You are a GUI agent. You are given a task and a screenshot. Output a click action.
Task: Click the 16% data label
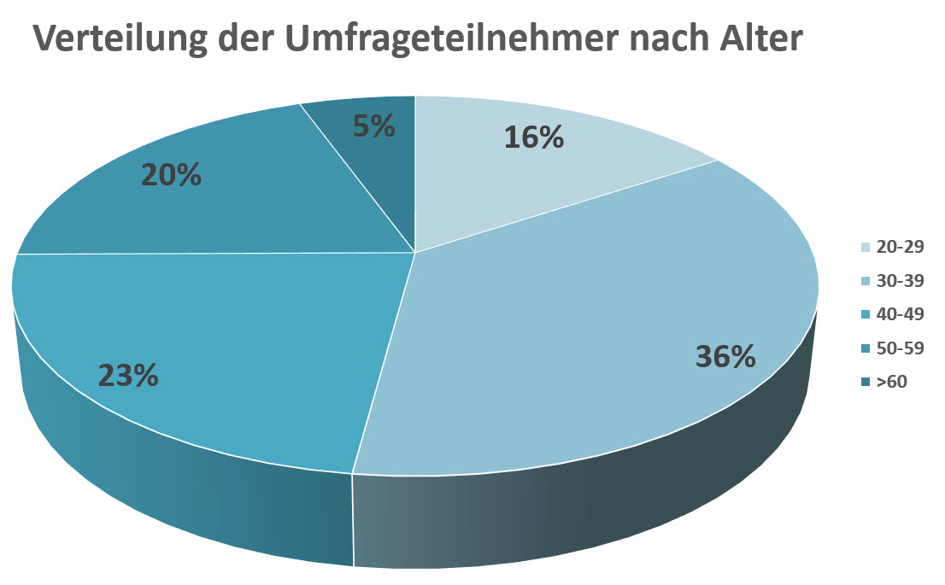tap(534, 137)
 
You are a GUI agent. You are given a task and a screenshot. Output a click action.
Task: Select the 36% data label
tap(725, 356)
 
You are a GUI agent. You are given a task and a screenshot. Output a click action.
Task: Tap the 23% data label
tap(128, 375)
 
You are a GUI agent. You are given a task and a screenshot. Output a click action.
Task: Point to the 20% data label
tap(170, 175)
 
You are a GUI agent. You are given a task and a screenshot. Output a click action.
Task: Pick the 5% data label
tap(374, 126)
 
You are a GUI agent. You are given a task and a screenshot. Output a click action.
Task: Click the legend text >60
tap(892, 382)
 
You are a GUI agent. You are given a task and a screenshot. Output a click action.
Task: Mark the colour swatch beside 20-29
tap(866, 247)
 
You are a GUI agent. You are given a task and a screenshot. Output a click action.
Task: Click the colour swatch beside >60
tap(866, 383)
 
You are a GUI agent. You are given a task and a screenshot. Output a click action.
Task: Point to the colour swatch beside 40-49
tap(866, 314)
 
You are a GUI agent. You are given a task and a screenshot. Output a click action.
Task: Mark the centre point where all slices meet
tap(415, 252)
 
